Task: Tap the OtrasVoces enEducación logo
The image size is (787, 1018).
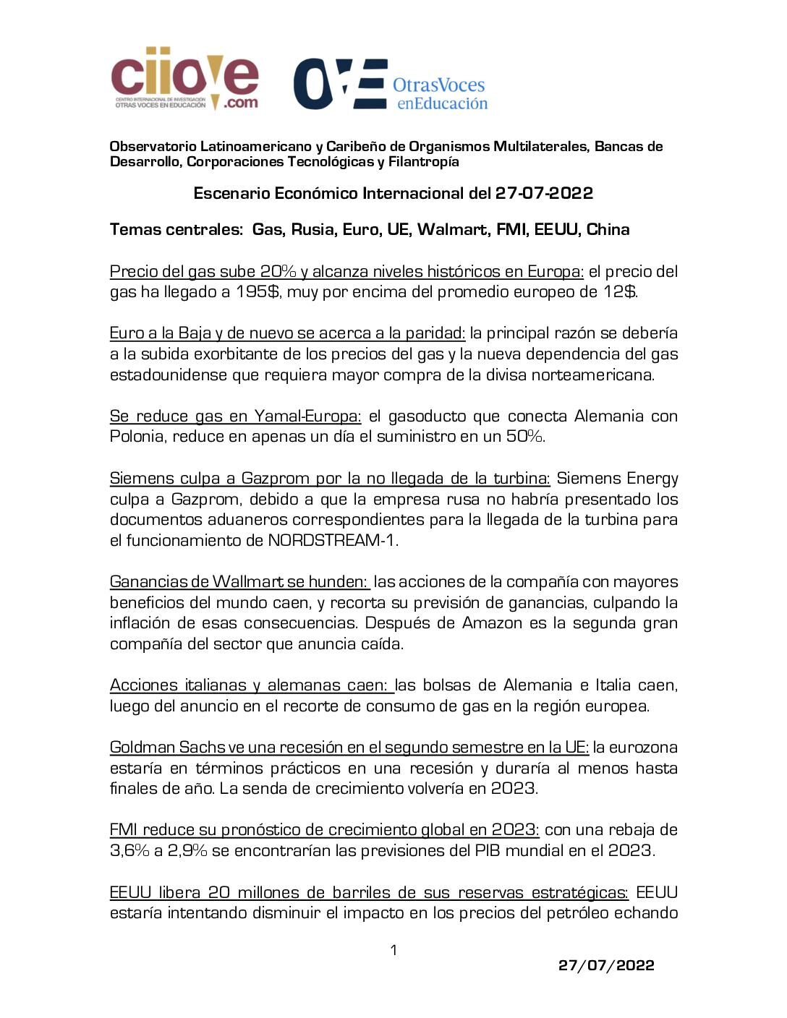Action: pos(391,85)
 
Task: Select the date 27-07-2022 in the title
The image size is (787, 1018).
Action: pos(544,193)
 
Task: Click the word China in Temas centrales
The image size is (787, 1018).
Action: pos(608,230)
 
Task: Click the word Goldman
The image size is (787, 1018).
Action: pos(142,748)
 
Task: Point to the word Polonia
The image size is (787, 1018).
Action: pos(137,437)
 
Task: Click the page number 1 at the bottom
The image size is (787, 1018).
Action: pos(393,950)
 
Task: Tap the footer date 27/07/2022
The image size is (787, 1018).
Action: pos(606,965)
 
